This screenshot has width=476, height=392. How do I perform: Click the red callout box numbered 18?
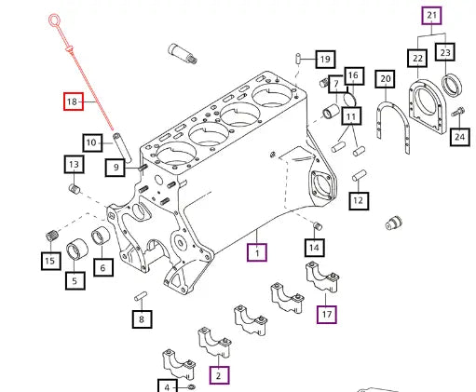74,101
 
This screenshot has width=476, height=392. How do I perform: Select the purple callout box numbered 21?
431,16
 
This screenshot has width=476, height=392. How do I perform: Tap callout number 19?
325,59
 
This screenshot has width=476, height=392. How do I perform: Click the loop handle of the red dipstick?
54,20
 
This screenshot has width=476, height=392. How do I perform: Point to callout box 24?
459,137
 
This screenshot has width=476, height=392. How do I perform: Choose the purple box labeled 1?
257,252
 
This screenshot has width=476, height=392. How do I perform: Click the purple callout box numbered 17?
327,314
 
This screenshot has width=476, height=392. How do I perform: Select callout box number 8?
142,319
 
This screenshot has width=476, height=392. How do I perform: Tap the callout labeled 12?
359,201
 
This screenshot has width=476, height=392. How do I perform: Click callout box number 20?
385,79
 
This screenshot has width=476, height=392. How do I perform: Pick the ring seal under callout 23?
452,86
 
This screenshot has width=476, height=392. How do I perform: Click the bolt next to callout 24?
457,112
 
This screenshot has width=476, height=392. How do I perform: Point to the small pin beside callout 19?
298,58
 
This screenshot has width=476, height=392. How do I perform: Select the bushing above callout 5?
77,250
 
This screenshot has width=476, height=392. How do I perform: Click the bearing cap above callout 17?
322,277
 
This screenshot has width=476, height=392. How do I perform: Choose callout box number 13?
75,164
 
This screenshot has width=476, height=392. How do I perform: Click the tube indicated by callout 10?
122,147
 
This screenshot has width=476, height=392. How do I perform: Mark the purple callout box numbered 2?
219,375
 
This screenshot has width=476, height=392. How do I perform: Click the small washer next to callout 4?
192,386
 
